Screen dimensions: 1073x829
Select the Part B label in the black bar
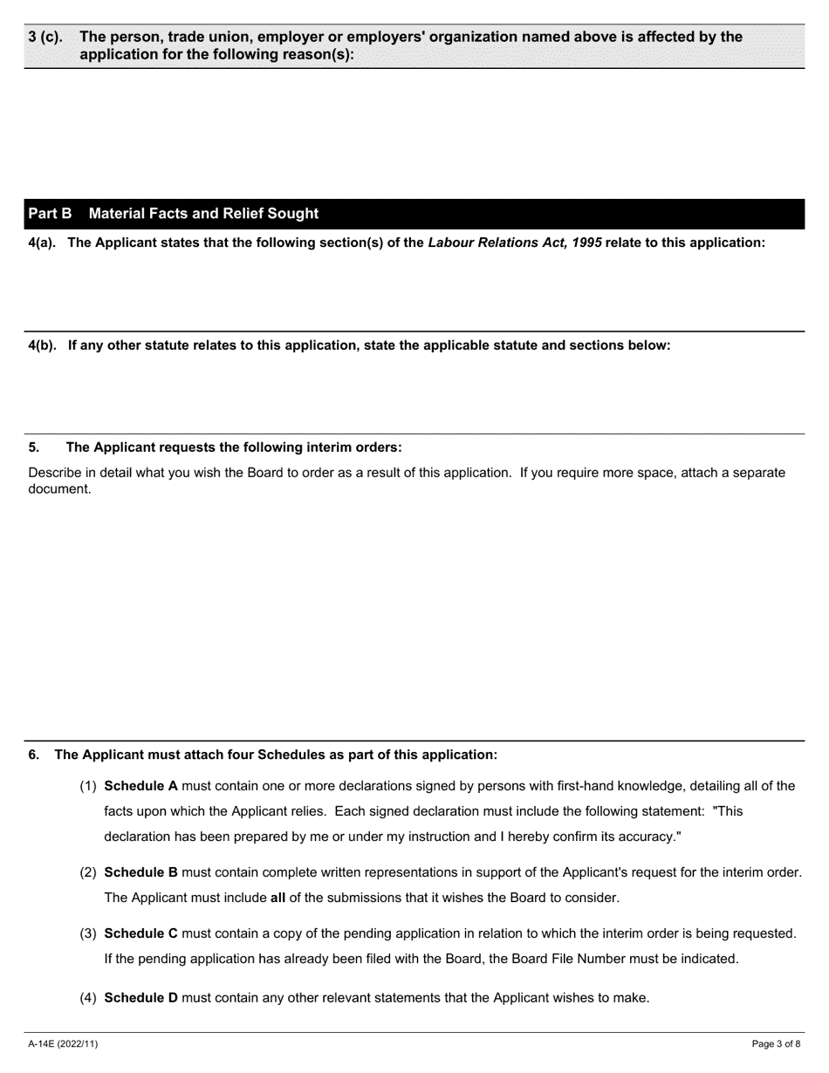point(50,214)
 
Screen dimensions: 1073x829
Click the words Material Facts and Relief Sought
point(203,214)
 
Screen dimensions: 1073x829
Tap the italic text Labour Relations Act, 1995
point(514,243)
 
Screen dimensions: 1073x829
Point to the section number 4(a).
point(42,243)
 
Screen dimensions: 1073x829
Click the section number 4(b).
point(42,345)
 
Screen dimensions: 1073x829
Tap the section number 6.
point(34,755)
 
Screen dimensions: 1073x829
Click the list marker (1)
point(89,785)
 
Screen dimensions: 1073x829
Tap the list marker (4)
point(89,998)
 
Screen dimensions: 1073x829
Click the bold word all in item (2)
point(278,898)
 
